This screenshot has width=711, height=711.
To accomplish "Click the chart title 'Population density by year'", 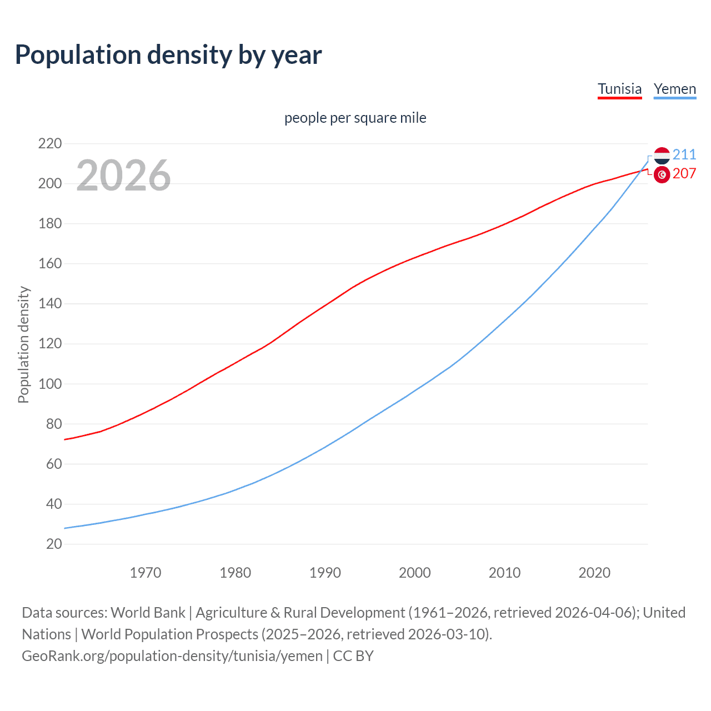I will (168, 55).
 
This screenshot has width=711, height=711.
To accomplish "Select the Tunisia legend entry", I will (619, 89).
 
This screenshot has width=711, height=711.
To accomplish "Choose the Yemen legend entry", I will (674, 89).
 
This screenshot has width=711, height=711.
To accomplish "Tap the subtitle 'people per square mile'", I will (355, 118).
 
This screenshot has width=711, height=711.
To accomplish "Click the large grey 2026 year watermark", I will (123, 176).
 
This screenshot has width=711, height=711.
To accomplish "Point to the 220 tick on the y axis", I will (50, 144).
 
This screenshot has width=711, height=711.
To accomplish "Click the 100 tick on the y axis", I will (50, 384).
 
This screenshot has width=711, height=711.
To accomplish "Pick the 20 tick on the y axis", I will (54, 544).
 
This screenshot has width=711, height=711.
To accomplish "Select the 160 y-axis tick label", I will (50, 264).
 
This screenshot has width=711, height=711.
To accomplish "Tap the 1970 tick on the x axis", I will (146, 573).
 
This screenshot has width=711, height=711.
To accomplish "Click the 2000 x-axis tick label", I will (414, 573).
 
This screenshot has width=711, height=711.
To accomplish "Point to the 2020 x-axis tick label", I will (594, 573).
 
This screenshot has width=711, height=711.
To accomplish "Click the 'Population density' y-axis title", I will (23, 344).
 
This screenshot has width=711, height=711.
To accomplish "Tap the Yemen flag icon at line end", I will (662, 156).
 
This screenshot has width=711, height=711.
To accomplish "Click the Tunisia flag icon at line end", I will (662, 174).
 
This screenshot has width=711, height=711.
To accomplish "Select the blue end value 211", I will (684, 154).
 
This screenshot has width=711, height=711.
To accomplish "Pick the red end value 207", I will (684, 174).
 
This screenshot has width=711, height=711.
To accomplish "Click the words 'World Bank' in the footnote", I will (148, 613).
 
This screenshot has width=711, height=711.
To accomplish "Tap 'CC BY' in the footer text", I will (353, 656).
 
